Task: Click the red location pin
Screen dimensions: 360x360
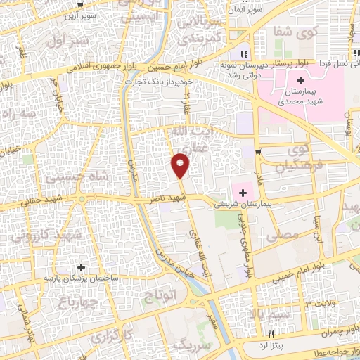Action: click(x=181, y=165)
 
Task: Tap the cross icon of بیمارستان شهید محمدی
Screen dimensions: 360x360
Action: click(x=300, y=81)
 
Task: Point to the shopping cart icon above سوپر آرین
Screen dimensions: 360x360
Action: click(x=79, y=6)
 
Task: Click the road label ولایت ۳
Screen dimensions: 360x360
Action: click(x=324, y=304)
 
